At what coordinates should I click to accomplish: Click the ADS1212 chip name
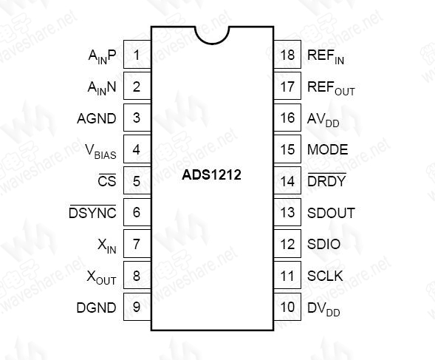(211, 175)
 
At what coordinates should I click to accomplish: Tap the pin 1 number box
(137, 55)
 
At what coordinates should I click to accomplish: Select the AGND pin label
(97, 118)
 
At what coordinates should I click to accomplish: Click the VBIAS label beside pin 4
(100, 152)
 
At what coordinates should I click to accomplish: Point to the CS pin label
(107, 180)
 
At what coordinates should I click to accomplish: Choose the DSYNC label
(92, 212)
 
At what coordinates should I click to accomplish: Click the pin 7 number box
(137, 244)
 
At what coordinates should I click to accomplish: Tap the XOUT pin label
(101, 277)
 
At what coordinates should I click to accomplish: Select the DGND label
(96, 308)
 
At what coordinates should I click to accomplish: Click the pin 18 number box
(287, 55)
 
